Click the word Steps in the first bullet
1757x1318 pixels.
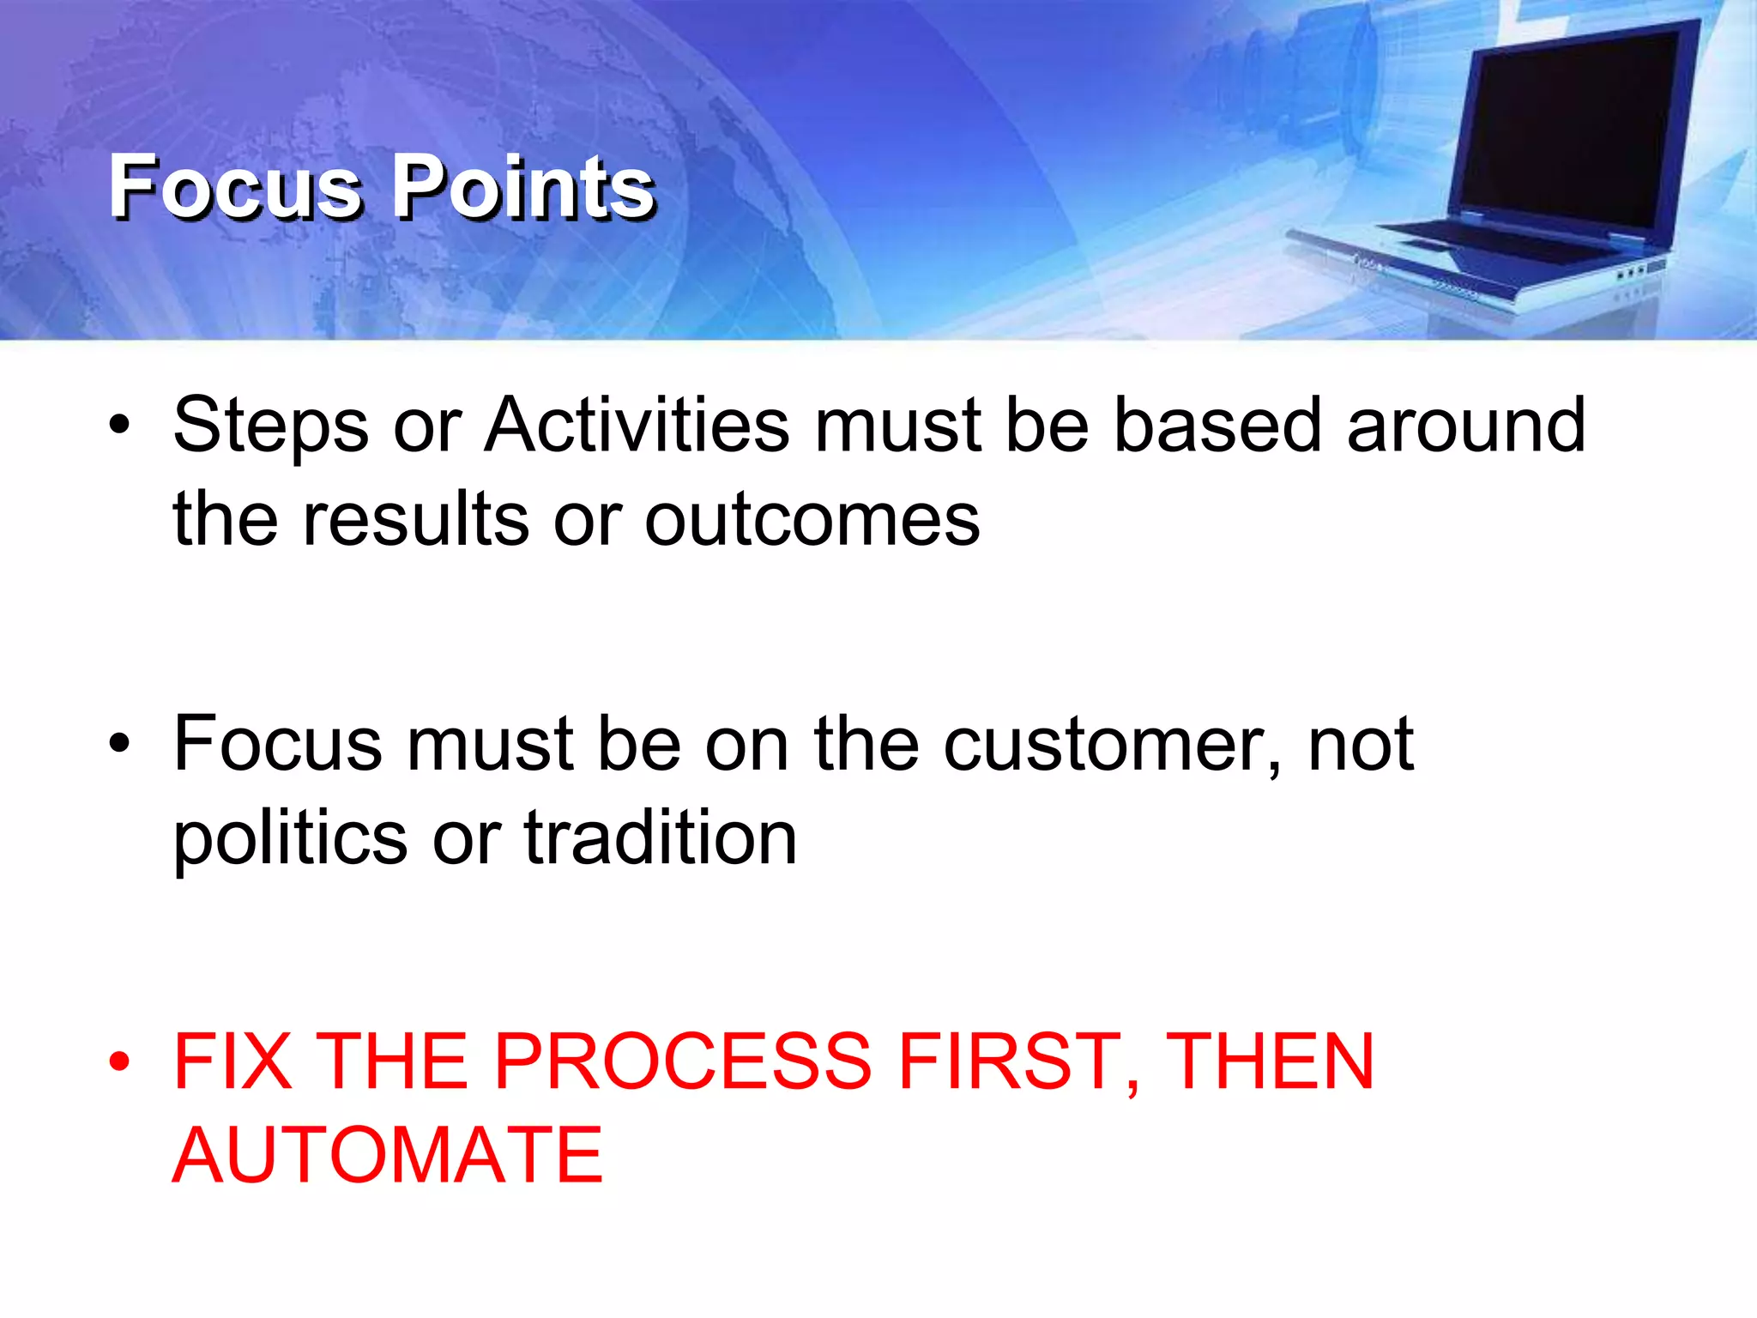(270, 426)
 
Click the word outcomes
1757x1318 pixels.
(812, 521)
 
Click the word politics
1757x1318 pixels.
(291, 839)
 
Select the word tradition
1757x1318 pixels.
(660, 837)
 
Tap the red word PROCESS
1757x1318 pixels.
(683, 1062)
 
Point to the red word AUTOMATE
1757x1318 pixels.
(388, 1156)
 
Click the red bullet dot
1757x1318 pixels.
(119, 1062)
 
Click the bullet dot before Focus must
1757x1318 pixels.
(119, 743)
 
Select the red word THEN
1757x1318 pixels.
(1270, 1062)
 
